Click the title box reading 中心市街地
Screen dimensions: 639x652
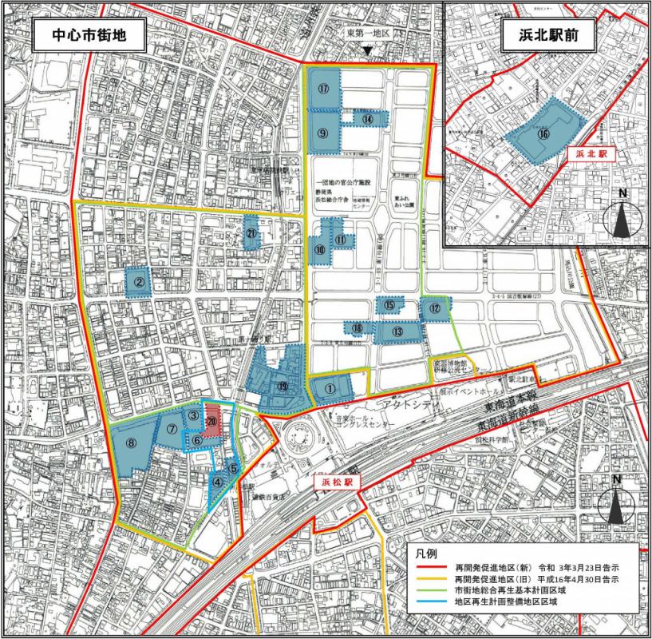(x=79, y=37)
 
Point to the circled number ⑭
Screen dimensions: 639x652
(x=368, y=117)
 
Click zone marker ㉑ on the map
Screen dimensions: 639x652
(x=251, y=233)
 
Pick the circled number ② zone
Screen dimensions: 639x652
(x=139, y=281)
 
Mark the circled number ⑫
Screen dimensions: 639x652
(x=435, y=308)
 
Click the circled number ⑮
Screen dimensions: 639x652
(x=389, y=305)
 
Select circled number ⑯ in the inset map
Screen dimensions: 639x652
(x=543, y=134)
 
